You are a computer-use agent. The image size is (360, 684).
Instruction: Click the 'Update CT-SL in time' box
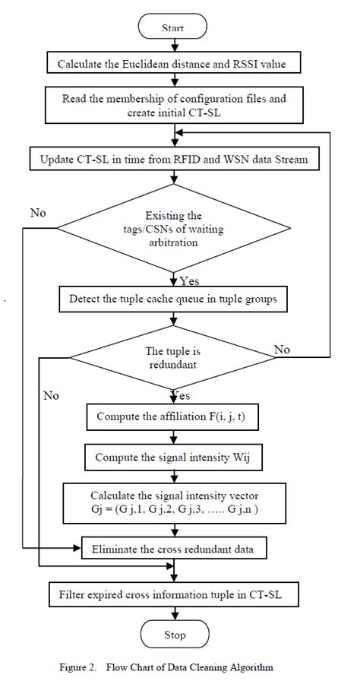tap(174, 160)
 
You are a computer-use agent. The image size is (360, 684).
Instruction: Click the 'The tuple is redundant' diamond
tap(174, 357)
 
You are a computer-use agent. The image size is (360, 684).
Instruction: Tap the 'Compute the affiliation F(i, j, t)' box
tap(174, 416)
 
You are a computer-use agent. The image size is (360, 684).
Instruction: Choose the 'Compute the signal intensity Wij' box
tap(174, 458)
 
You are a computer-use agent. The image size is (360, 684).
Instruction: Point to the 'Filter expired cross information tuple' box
tap(174, 591)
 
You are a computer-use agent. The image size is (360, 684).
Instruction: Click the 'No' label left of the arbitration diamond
tap(38, 213)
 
